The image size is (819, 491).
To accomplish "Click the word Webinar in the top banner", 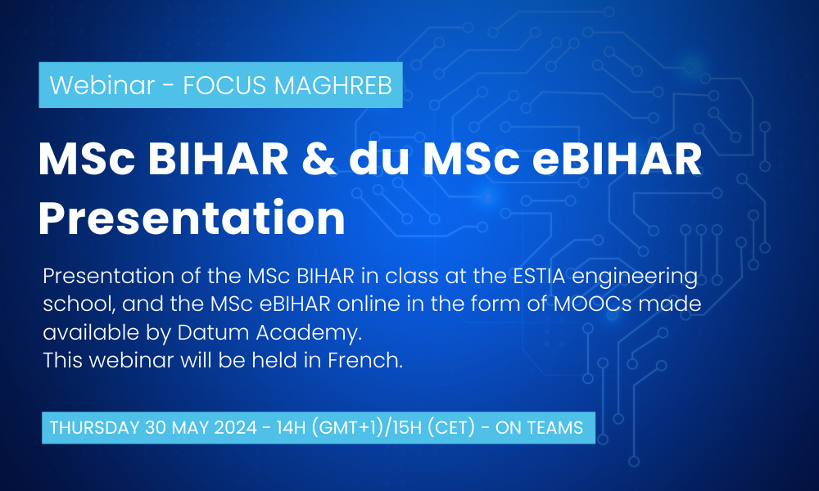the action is coord(102,85).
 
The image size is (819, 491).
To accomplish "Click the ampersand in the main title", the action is coord(319,159).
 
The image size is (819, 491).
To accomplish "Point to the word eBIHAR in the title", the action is coord(617,159).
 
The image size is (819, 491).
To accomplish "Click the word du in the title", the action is coord(378,159).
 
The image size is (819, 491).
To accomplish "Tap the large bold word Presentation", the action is coord(192,218).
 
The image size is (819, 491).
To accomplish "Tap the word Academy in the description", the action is coord(309,333).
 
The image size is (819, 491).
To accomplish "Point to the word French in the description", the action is coord(365,360).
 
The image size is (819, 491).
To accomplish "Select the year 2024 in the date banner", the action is coord(236,427).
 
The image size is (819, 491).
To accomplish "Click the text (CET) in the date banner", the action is coord(451,427).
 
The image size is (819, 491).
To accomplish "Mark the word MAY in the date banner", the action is coord(190,427).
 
